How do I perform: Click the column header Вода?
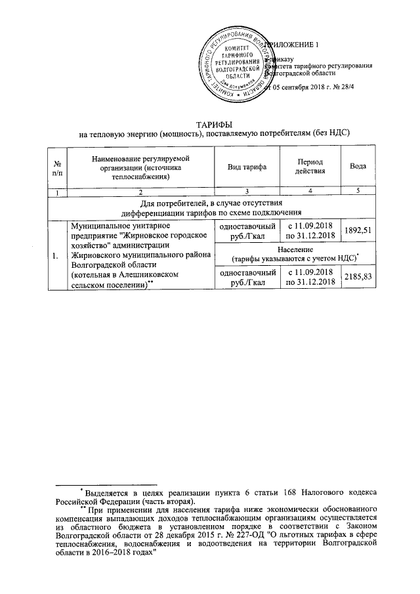tap(358, 167)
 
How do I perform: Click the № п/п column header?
tap(58, 167)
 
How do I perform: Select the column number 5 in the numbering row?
tap(358, 192)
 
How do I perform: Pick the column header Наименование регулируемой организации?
tap(140, 167)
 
